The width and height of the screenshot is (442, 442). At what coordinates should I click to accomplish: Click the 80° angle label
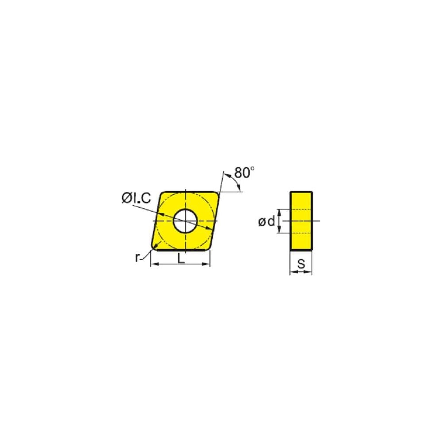click(244, 173)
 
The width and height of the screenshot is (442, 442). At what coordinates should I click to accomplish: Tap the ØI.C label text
click(137, 199)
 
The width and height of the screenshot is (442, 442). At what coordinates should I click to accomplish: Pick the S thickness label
click(301, 264)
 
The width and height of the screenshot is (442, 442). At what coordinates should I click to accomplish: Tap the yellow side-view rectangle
click(301, 220)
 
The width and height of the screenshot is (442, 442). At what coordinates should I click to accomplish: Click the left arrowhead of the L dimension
click(153, 265)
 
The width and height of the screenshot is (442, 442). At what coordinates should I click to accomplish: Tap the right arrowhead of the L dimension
click(207, 265)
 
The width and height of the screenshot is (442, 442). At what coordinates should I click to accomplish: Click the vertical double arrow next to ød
click(279, 221)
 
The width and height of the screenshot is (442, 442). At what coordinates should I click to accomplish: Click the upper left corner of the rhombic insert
click(162, 193)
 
